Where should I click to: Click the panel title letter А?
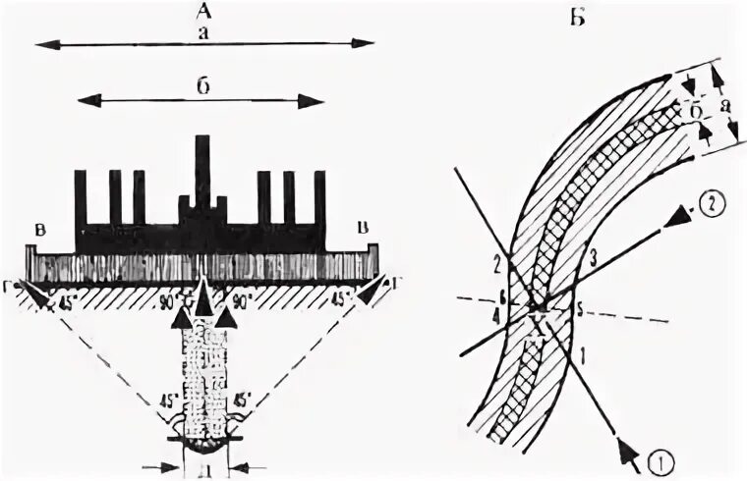click(204, 12)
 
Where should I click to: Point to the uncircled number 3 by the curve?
click(592, 260)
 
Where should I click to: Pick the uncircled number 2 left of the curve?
click(497, 262)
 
